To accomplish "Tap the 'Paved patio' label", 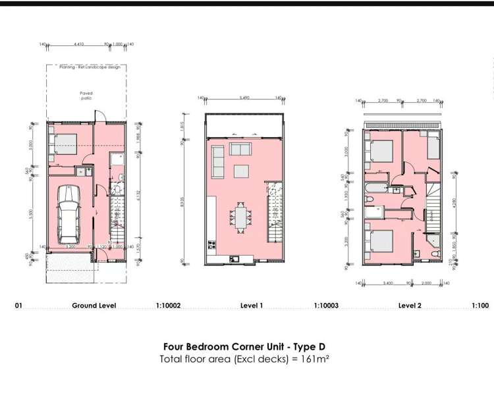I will (86, 96).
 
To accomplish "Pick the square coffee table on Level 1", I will (240, 171).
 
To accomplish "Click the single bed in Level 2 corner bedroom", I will (432, 146).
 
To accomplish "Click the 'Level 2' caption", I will (409, 306).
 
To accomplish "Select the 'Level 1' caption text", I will (252, 306).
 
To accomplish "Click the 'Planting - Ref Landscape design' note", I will (86, 67).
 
